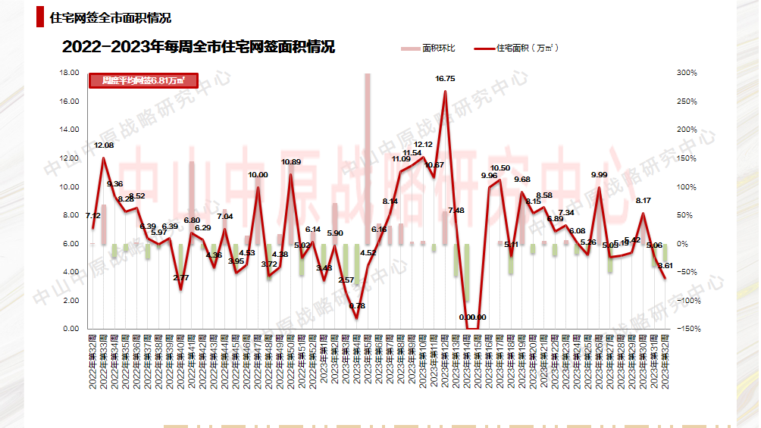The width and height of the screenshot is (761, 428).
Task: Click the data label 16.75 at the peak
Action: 445,79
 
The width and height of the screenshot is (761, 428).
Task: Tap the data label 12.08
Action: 104,145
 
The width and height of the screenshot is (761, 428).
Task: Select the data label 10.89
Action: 291,162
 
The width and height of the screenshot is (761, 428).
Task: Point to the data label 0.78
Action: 358,306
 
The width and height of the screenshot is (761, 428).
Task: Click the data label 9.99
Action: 600,175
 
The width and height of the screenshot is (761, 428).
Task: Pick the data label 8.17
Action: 644,201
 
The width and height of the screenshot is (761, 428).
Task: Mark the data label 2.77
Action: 180,279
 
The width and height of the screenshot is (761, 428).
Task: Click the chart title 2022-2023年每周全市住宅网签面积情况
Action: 199,47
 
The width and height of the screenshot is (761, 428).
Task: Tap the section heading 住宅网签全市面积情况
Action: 110,17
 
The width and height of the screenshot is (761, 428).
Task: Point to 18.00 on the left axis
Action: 69,73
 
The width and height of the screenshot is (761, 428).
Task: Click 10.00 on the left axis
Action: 69,187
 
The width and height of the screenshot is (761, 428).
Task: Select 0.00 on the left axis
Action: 70,329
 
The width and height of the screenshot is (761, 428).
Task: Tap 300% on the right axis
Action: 687,73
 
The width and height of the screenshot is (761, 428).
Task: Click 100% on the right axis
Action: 687,187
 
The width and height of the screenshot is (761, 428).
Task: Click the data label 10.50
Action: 500,168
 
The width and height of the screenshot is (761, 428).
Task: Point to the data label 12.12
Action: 424,144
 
